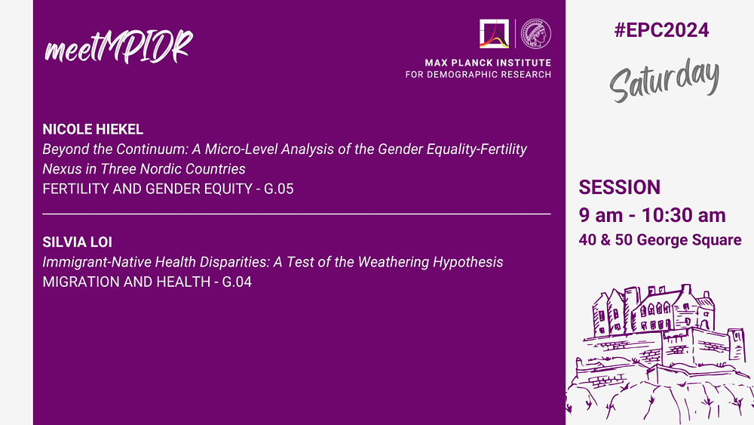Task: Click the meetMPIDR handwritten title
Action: click(x=118, y=46)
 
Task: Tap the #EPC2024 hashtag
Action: click(x=661, y=30)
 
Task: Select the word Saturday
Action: click(x=664, y=80)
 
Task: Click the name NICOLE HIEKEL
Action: click(x=93, y=130)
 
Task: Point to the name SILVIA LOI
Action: click(x=77, y=242)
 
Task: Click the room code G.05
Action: click(x=279, y=189)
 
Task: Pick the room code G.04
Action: click(x=237, y=282)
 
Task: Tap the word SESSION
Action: click(x=619, y=187)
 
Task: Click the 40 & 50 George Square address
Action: click(x=660, y=240)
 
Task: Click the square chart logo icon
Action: click(x=494, y=34)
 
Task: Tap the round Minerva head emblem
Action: click(x=536, y=34)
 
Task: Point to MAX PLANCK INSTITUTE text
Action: click(x=488, y=63)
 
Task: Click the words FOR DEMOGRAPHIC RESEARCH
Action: click(x=479, y=75)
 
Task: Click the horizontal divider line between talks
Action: click(x=296, y=212)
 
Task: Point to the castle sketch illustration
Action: click(x=660, y=355)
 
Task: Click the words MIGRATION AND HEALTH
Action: click(x=127, y=282)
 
